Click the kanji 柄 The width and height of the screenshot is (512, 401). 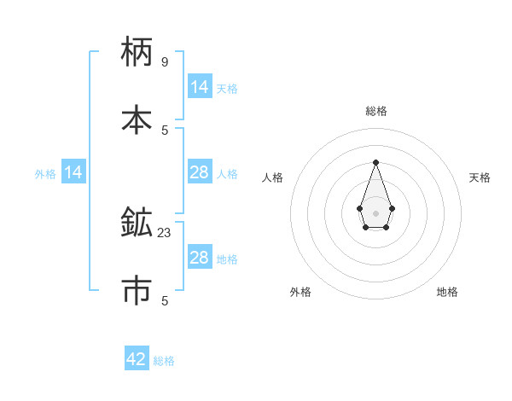pyautogui.click(x=137, y=52)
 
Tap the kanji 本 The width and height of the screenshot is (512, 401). pyautogui.click(x=137, y=119)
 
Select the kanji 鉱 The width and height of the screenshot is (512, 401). pyautogui.click(x=137, y=223)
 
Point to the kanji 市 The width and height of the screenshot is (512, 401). pyautogui.click(x=137, y=290)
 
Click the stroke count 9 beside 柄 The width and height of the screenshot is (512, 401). pyautogui.click(x=164, y=62)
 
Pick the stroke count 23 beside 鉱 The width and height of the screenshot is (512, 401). pyautogui.click(x=165, y=232)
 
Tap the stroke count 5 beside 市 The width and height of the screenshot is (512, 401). pyautogui.click(x=164, y=300)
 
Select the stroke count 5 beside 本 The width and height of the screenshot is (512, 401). pyautogui.click(x=164, y=130)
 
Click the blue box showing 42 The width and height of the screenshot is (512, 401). pyautogui.click(x=137, y=359)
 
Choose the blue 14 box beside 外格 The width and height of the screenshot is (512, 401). pyautogui.click(x=73, y=173)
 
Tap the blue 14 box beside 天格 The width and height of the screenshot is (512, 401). pyautogui.click(x=199, y=87)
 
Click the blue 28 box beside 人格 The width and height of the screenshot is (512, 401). pyautogui.click(x=199, y=173)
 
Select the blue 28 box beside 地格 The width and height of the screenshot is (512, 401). pyautogui.click(x=199, y=258)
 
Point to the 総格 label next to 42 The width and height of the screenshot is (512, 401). pyautogui.click(x=164, y=361)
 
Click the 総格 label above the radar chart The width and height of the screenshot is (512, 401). pyautogui.click(x=375, y=111)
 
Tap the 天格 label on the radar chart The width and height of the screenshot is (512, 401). pyautogui.click(x=480, y=177)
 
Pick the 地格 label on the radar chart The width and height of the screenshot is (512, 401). pyautogui.click(x=447, y=292)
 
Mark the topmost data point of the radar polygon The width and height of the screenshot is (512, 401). pyautogui.click(x=375, y=162)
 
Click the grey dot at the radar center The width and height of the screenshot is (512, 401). pyautogui.click(x=375, y=212)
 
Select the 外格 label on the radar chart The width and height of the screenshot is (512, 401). pyautogui.click(x=300, y=292)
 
